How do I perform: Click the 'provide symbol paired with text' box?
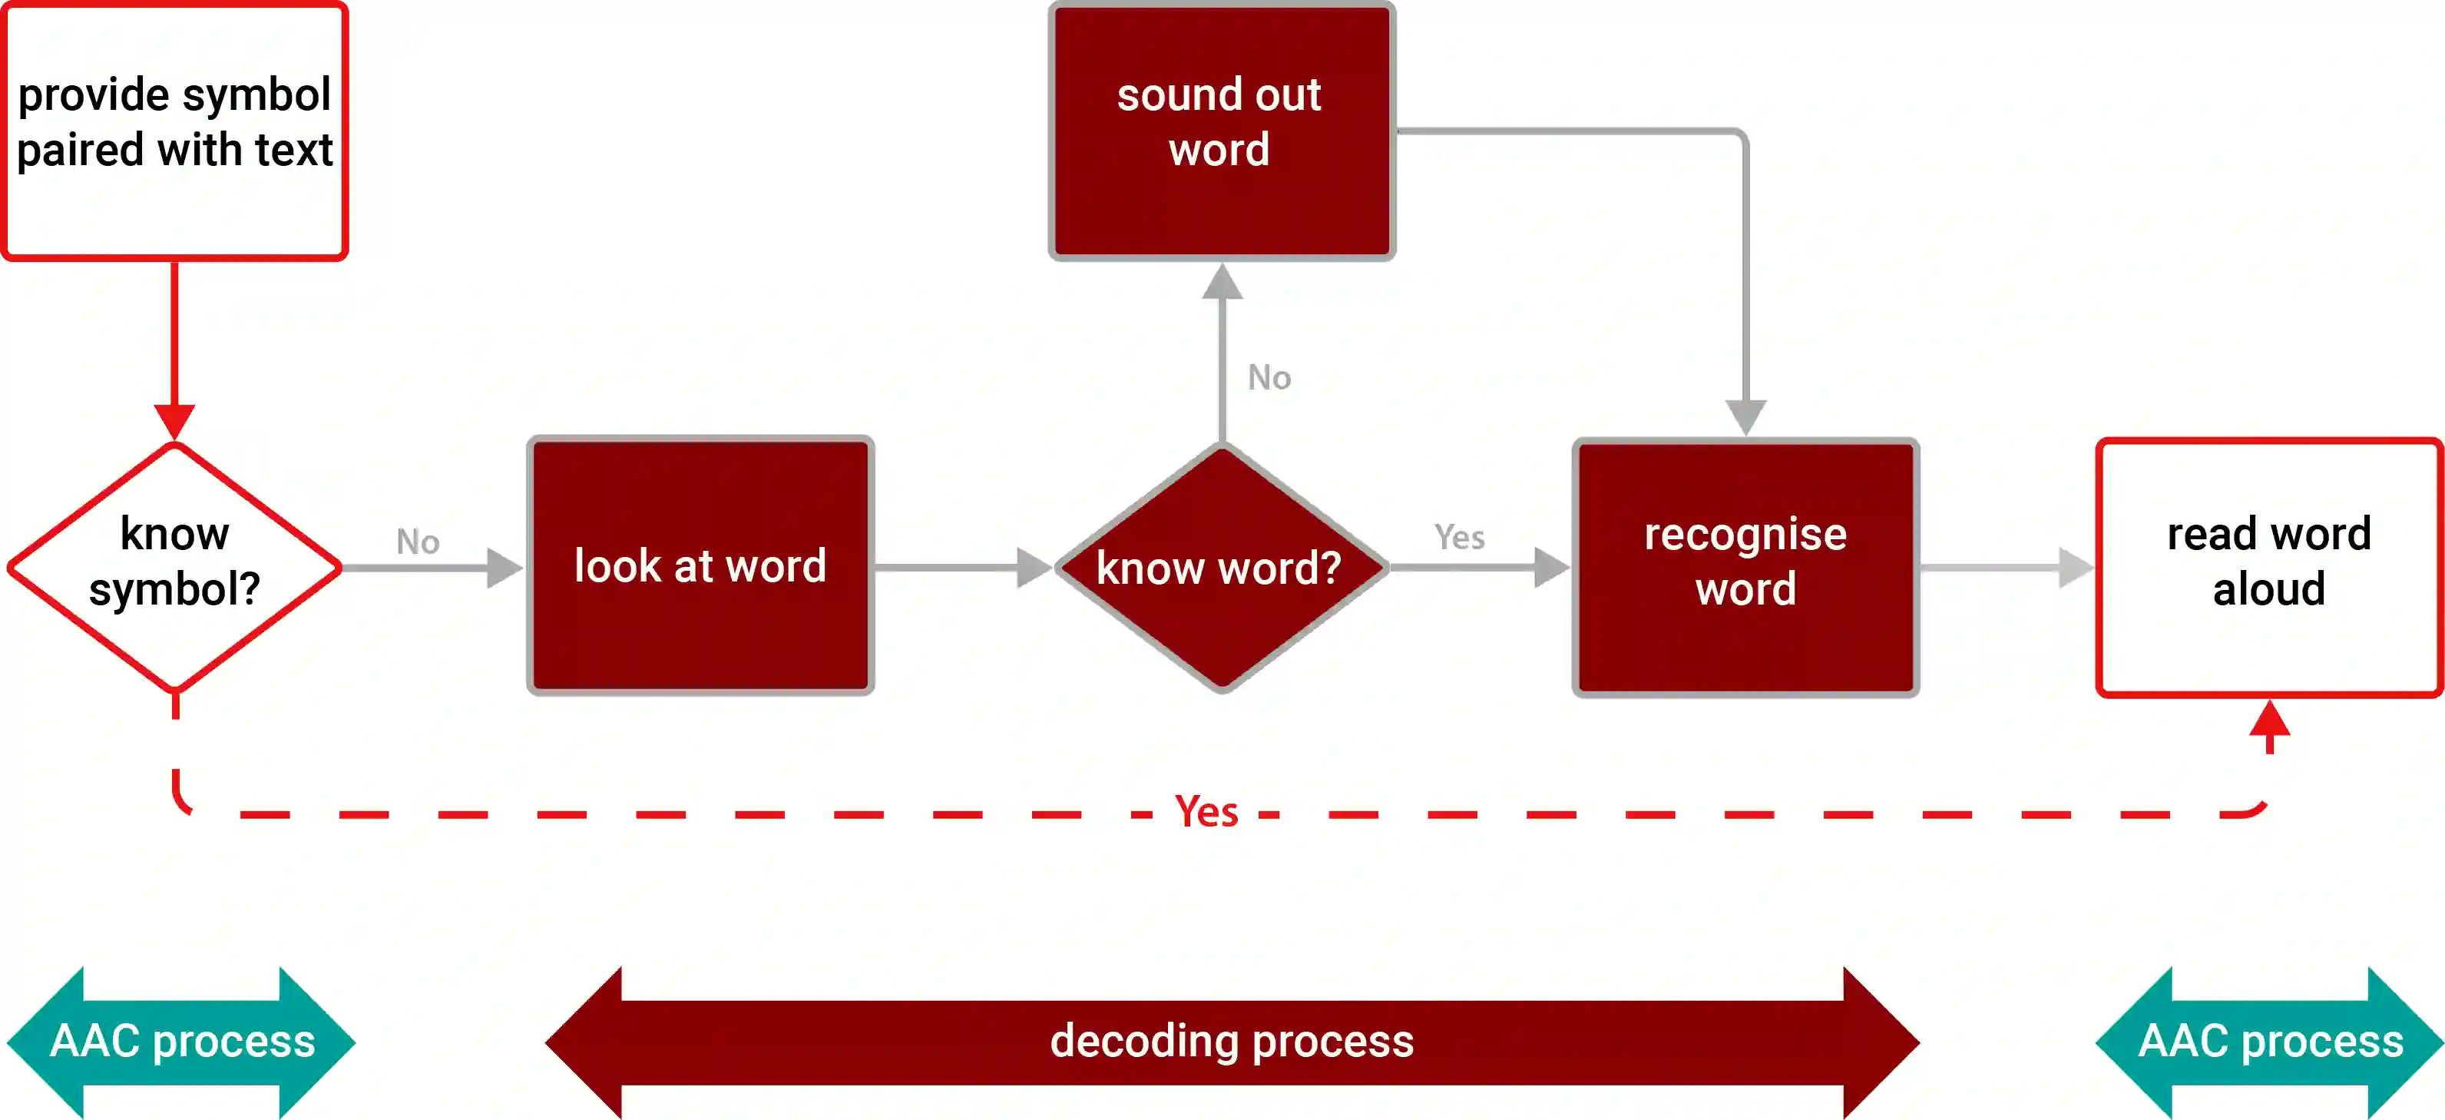[x=174, y=130]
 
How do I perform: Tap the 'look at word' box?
[x=700, y=565]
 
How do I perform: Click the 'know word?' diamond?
[x=1222, y=568]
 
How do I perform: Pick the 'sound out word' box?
[x=1222, y=130]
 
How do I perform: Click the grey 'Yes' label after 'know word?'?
[x=1459, y=537]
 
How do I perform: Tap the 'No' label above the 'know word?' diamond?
[x=1269, y=378]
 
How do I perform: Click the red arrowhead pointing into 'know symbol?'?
[x=174, y=420]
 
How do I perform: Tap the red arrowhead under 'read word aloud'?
[x=2269, y=720]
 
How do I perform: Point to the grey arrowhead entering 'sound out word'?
[x=1222, y=282]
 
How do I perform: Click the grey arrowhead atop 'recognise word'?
[x=1745, y=416]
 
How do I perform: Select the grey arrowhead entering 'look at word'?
[x=503, y=568]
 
